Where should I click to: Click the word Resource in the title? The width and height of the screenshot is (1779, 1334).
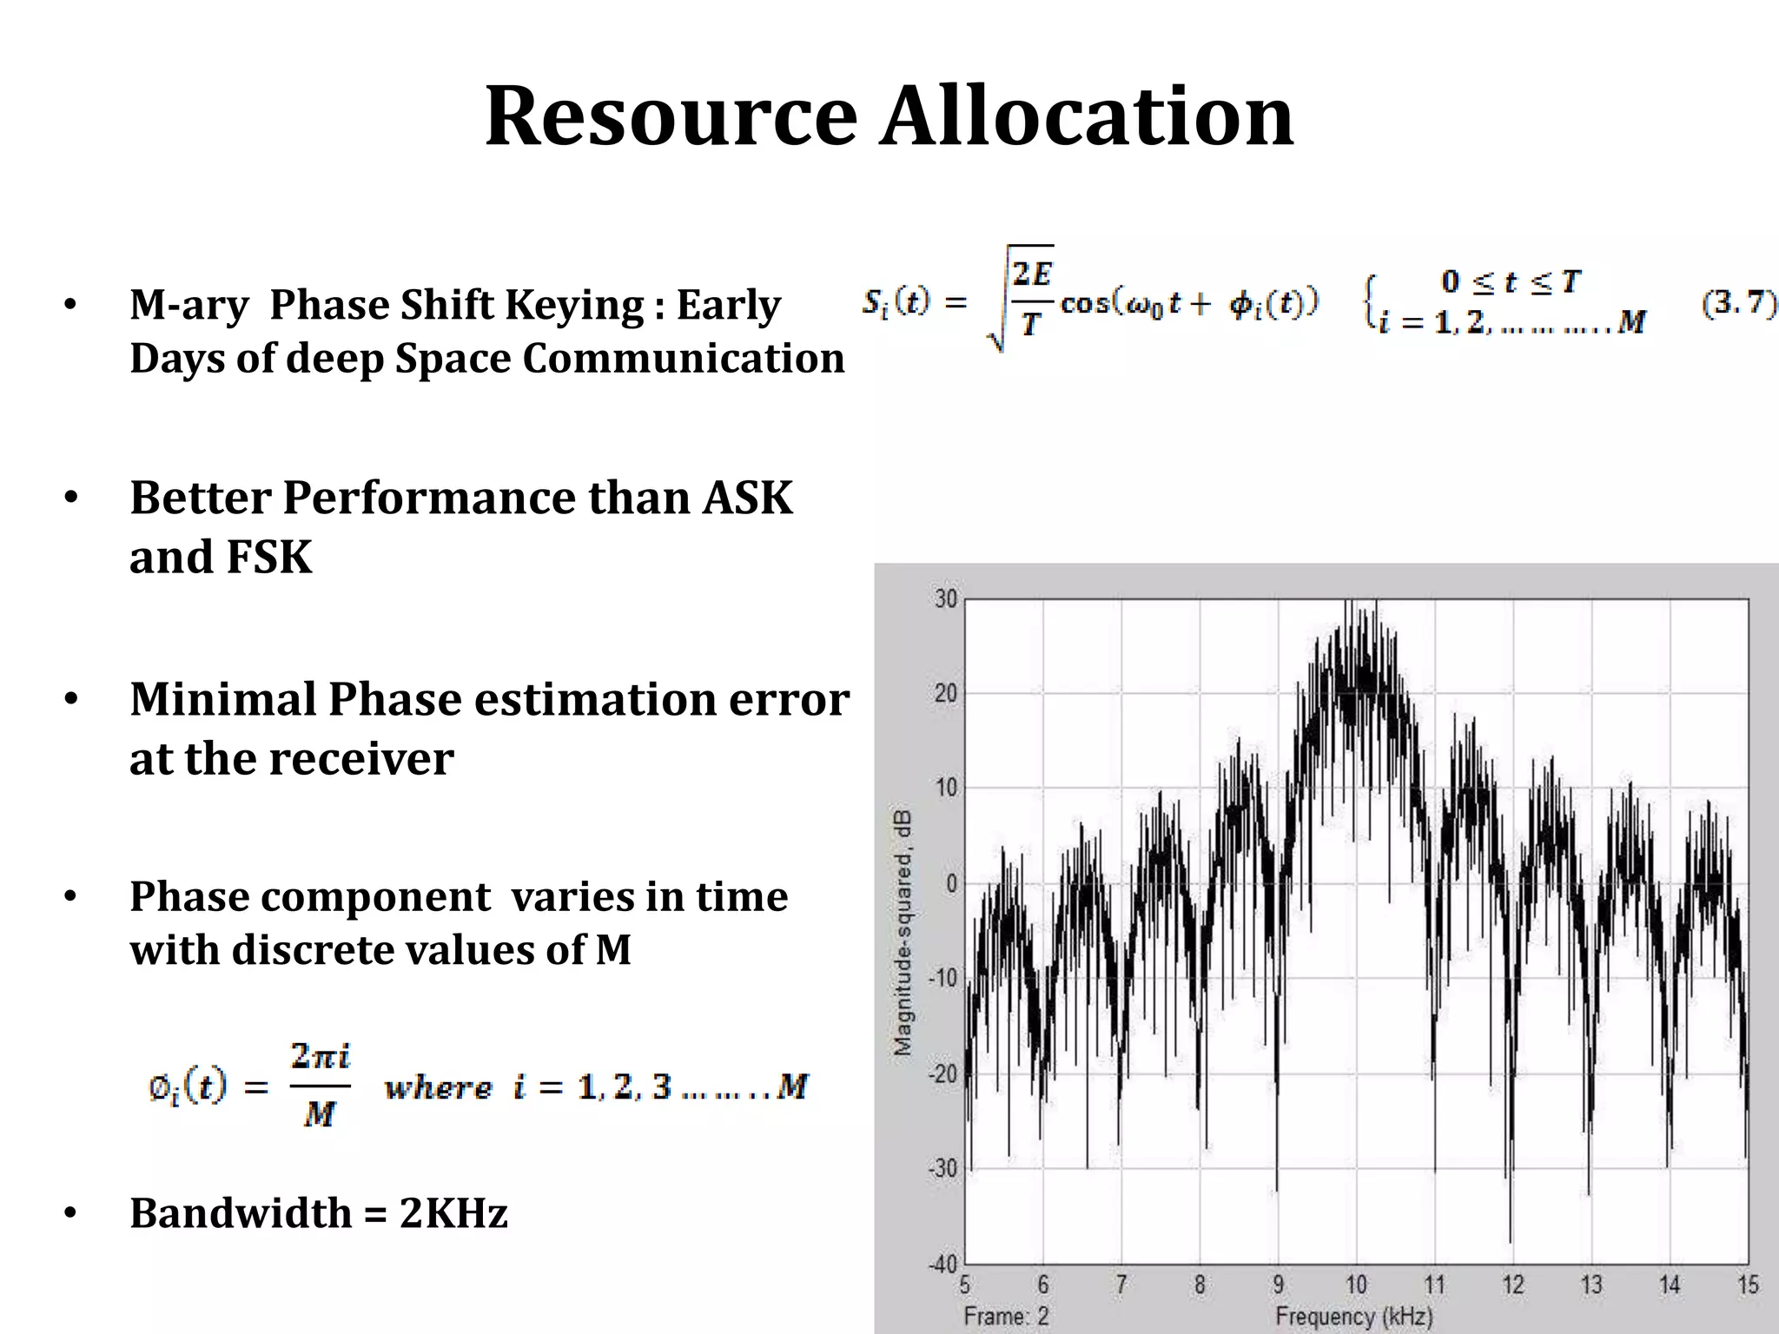pyautogui.click(x=671, y=116)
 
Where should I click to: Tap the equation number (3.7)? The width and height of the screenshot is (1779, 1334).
pyautogui.click(x=1738, y=303)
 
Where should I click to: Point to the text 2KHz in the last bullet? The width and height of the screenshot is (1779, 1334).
pyautogui.click(x=453, y=1212)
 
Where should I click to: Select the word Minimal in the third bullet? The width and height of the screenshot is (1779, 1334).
pyautogui.click(x=222, y=699)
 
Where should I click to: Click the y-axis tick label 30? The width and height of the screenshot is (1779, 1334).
pyautogui.click(x=946, y=599)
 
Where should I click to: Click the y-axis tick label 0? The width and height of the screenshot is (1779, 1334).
pyautogui.click(x=950, y=883)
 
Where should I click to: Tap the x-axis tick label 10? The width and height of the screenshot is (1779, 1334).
pyautogui.click(x=1356, y=1284)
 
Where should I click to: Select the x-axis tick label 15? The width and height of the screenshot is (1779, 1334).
pyautogui.click(x=1747, y=1284)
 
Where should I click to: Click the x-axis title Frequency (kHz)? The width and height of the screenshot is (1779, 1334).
pyautogui.click(x=1353, y=1317)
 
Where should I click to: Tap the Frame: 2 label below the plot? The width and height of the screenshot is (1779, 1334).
pyautogui.click(x=1006, y=1317)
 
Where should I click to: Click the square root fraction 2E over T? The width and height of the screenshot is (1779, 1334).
pyautogui.click(x=1031, y=300)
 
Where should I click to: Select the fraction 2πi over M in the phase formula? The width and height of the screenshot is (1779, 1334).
pyautogui.click(x=320, y=1086)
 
